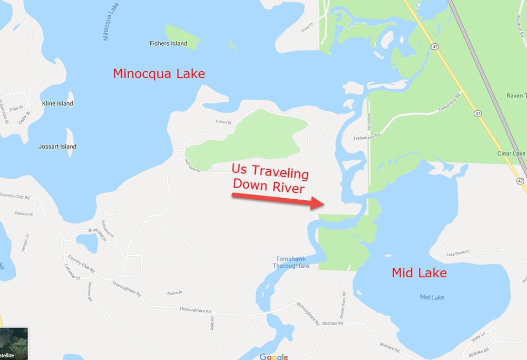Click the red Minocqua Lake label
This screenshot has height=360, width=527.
tap(159, 74)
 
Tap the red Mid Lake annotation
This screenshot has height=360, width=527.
tap(419, 273)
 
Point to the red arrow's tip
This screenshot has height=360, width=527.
tap(323, 203)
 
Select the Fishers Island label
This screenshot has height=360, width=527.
tap(168, 44)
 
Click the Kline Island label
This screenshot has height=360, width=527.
tap(57, 104)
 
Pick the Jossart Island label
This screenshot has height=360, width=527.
tap(57, 147)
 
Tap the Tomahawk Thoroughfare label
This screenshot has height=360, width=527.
tap(290, 262)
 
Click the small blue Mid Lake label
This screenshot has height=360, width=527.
tap(432, 298)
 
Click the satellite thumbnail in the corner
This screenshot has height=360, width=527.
tap(13, 343)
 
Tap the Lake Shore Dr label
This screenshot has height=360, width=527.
tap(457, 254)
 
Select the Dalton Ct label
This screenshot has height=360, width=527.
tap(223, 122)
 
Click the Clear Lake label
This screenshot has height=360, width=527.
tap(512, 154)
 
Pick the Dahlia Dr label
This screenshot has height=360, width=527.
tap(174, 293)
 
